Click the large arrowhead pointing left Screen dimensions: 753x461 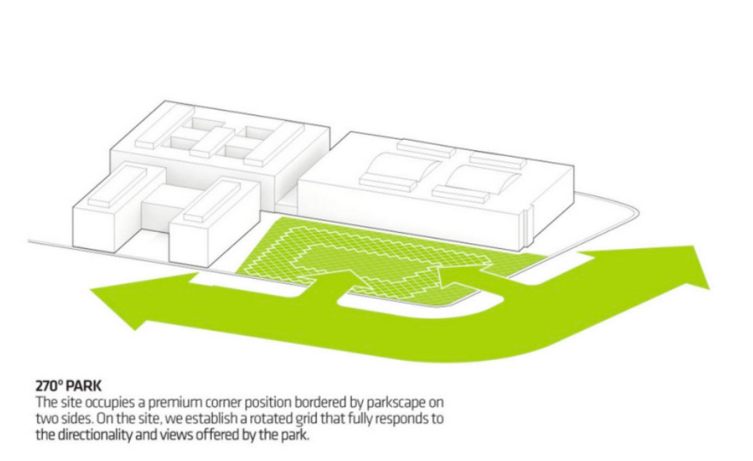click(x=119, y=312)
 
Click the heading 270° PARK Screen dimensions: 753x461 click(x=68, y=390)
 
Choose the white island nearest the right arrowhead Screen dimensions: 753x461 click(x=548, y=271)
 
